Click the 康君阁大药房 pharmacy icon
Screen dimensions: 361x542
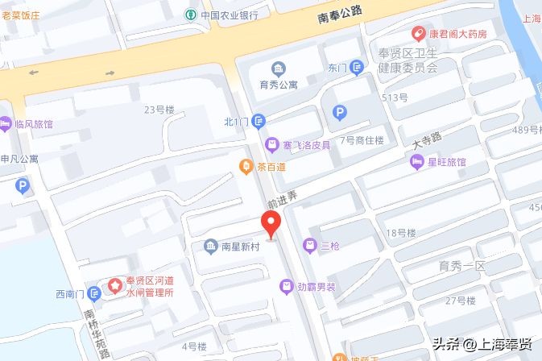418,34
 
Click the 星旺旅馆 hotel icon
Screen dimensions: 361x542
417,162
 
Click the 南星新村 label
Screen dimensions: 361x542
239,247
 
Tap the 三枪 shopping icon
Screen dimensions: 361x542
309,246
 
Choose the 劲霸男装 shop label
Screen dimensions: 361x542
315,285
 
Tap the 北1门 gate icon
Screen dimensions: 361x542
258,122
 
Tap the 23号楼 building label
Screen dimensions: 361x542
159,110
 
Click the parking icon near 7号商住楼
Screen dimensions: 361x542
341,114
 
